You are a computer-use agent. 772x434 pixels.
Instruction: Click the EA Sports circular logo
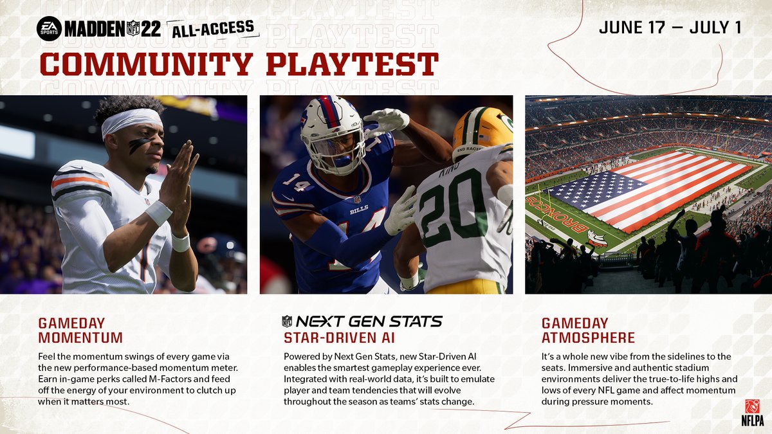[x=49, y=28]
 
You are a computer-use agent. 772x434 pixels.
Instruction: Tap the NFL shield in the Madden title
[x=133, y=28]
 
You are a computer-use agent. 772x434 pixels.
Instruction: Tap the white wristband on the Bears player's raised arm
[x=158, y=213]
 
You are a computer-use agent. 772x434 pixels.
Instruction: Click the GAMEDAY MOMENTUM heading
[x=80, y=330]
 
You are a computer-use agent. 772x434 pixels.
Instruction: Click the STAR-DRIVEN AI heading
[x=339, y=337]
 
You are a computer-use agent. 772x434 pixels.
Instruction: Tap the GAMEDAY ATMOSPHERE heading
[x=588, y=330]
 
